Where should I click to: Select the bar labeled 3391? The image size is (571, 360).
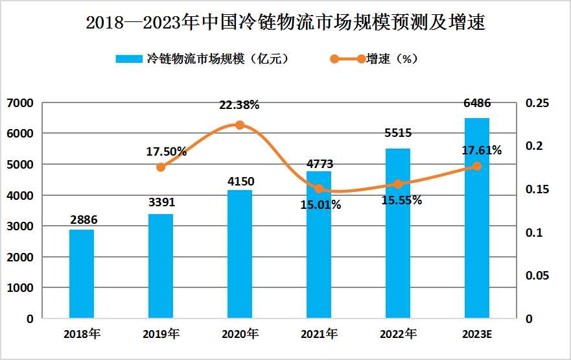(161, 266)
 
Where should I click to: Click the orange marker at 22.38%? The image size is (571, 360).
(239, 125)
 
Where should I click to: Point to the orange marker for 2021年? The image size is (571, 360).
(319, 189)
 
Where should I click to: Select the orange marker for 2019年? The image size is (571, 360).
(161, 167)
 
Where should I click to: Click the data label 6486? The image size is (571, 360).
(477, 104)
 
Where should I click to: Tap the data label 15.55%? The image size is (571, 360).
(401, 200)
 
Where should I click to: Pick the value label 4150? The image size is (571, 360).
(240, 181)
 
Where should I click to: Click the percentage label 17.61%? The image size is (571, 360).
(480, 150)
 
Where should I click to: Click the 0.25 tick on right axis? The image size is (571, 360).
(537, 103)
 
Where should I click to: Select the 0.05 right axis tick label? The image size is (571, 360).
(537, 276)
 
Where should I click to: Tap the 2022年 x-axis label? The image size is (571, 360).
(398, 335)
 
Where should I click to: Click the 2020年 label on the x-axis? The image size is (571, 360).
(240, 335)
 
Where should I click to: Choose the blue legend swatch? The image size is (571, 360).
(129, 58)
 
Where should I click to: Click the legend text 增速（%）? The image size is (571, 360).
(391, 58)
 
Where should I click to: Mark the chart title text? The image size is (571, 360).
(285, 23)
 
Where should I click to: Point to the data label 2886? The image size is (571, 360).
(82, 221)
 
